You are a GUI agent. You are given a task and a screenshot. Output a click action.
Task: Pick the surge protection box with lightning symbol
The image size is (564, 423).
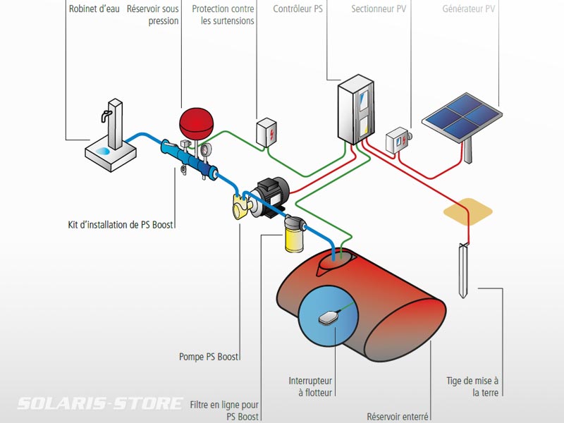(x=266, y=132)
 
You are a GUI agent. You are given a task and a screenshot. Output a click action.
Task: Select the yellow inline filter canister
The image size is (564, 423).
(x=291, y=235)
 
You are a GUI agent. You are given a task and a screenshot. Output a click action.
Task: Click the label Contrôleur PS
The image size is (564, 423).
(x=298, y=9)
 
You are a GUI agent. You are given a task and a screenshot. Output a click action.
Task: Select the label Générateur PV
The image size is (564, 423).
(x=468, y=9)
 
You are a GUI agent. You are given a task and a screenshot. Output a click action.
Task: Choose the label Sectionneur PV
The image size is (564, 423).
(x=379, y=9)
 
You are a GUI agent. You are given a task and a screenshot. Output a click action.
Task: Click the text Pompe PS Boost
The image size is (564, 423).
(x=209, y=357)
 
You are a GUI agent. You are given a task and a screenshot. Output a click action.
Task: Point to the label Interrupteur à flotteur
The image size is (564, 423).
(x=311, y=386)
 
